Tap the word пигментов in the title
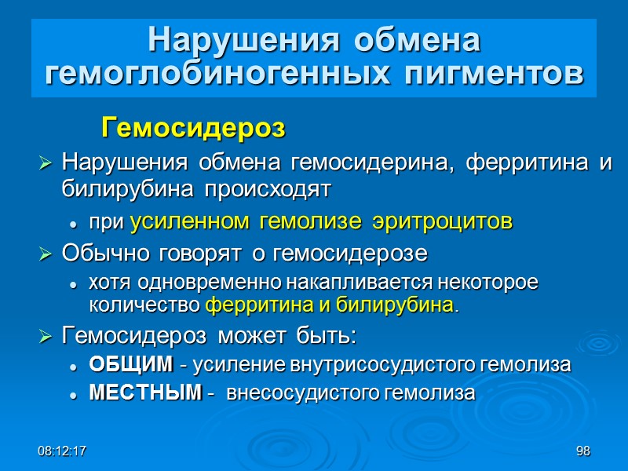click(x=488, y=74)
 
